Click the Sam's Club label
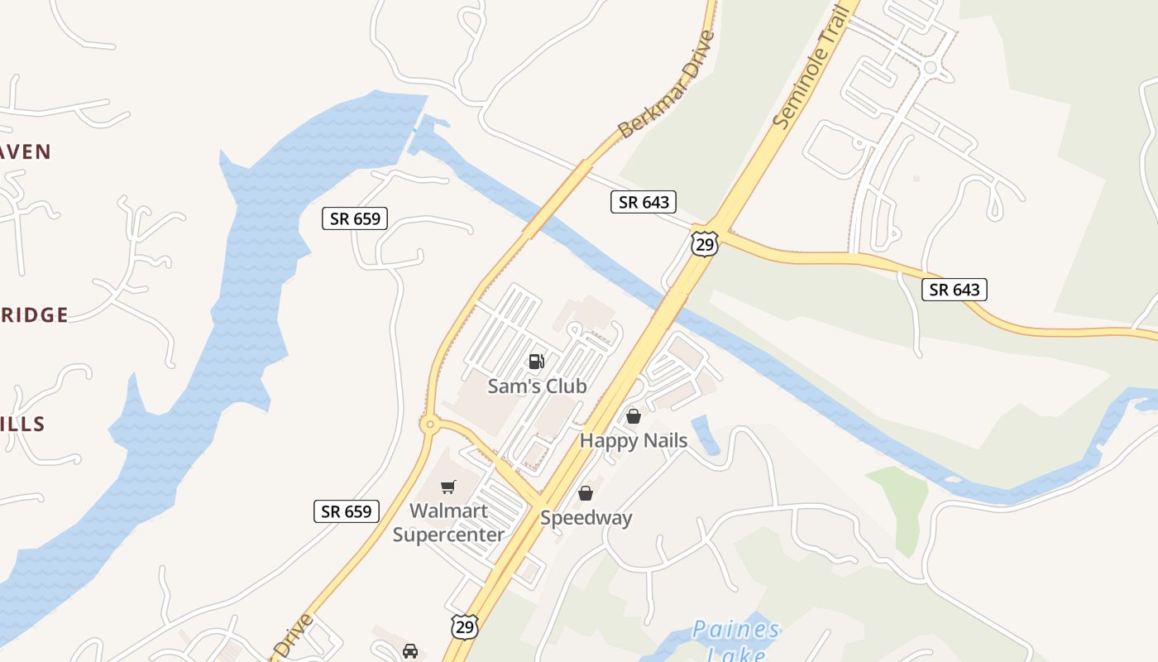[x=537, y=386]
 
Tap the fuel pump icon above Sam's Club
[x=537, y=362]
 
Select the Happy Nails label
[x=634, y=441]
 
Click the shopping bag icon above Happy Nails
[x=634, y=416]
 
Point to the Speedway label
[x=586, y=519]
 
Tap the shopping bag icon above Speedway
[x=586, y=494]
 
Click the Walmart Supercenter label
[x=448, y=523]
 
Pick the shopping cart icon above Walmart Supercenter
[x=448, y=487]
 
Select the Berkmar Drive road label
[x=667, y=84]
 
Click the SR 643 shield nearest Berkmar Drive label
[x=644, y=201]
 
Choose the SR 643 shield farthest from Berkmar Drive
[x=955, y=290]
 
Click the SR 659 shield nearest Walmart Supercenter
[x=347, y=511]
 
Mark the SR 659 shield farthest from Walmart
[x=355, y=218]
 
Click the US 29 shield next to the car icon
[x=465, y=626]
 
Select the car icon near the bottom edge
[x=410, y=651]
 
